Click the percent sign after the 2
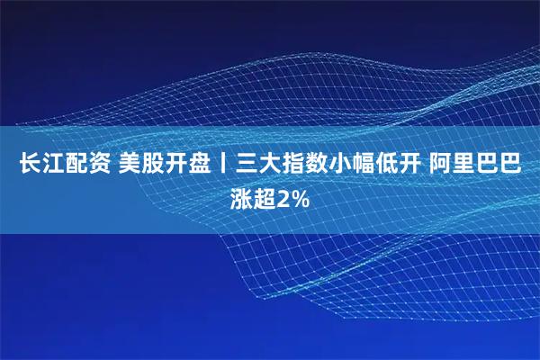tap(299, 200)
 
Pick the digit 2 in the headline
tap(284, 200)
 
